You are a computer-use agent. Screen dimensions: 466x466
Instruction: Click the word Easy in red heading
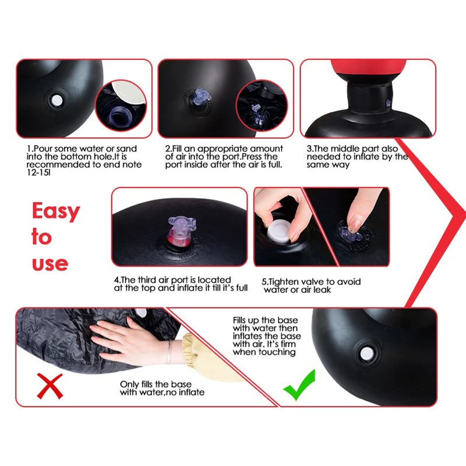click(x=55, y=211)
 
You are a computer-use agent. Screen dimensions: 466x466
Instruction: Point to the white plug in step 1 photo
click(x=57, y=100)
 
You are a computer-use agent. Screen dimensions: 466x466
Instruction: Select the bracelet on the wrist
click(x=168, y=353)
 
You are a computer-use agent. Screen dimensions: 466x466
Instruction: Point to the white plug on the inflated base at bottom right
click(x=366, y=353)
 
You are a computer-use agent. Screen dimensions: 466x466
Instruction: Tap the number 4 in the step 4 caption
click(x=116, y=280)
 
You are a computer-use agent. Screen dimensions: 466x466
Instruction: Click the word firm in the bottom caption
click(x=283, y=344)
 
